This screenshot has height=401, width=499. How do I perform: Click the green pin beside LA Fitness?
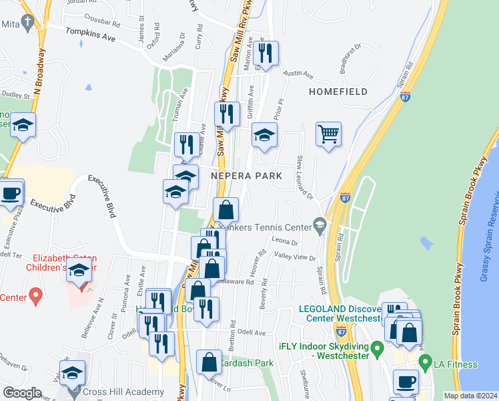[x=425, y=363]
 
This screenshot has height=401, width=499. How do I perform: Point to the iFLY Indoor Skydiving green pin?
[x=377, y=348]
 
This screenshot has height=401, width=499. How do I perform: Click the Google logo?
[x=22, y=393]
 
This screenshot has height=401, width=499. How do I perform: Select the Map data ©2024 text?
[x=470, y=396]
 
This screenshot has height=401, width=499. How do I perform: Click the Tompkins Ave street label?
[x=90, y=36]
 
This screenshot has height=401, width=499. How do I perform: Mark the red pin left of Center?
[x=37, y=294]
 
